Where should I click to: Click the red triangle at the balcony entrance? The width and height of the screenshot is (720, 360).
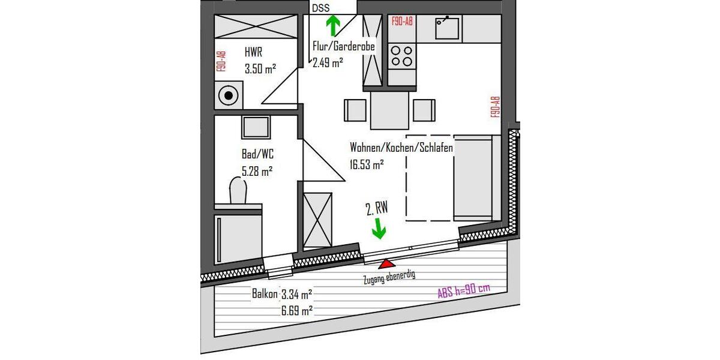386,263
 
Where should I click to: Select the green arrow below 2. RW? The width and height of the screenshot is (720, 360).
379,228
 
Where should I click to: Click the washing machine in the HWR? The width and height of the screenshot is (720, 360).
228,95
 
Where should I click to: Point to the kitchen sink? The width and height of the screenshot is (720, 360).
447,27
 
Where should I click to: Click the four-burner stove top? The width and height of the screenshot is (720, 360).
401,56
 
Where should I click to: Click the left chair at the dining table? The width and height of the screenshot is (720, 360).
355,110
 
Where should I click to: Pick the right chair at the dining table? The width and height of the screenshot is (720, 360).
425,110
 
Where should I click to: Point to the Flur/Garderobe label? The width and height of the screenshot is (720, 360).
344,46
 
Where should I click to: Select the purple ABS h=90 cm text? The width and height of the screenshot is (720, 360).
464,290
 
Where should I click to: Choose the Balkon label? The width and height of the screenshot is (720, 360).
265,294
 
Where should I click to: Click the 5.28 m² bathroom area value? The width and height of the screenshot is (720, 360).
257,171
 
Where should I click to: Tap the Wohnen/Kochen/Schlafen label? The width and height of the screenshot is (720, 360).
401,147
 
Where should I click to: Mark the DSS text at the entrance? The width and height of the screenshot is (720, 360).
320,8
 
